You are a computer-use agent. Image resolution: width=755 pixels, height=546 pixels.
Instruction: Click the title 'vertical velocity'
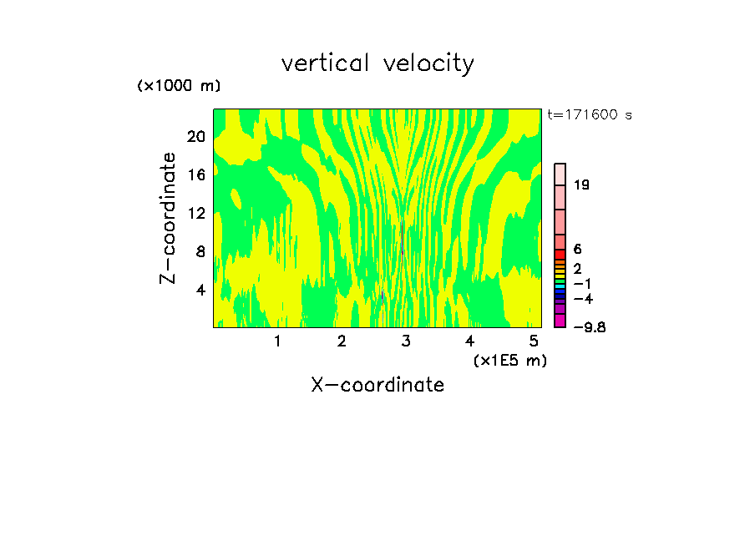[x=377, y=63]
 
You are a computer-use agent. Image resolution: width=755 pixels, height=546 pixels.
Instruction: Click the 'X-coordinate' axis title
[x=377, y=385]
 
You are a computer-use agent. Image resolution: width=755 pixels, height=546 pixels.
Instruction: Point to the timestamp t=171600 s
[x=589, y=114]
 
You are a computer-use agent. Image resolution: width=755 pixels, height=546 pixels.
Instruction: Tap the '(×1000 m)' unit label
[x=179, y=86]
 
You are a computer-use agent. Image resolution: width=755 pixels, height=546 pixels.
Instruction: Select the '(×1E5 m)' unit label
[x=509, y=360]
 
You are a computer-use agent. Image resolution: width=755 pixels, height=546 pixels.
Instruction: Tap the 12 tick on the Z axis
[x=195, y=213]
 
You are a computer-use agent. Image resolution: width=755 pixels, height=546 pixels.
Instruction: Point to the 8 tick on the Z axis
[x=200, y=251]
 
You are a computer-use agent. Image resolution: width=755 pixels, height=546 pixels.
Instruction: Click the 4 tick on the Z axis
[x=200, y=290]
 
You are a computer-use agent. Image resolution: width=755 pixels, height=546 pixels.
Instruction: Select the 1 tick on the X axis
[x=277, y=341]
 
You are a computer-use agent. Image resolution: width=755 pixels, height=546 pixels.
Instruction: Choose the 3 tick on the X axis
[x=406, y=341]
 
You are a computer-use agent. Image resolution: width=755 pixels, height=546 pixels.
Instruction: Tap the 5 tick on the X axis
[x=534, y=341]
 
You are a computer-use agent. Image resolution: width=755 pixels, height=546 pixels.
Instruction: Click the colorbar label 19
[x=582, y=185]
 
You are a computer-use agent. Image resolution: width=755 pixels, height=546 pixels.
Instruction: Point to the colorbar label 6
[x=577, y=250]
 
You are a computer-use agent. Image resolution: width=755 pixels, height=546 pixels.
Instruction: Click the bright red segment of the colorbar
[x=560, y=254]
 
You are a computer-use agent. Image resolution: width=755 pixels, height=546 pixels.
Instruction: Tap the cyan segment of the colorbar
[x=560, y=286]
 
